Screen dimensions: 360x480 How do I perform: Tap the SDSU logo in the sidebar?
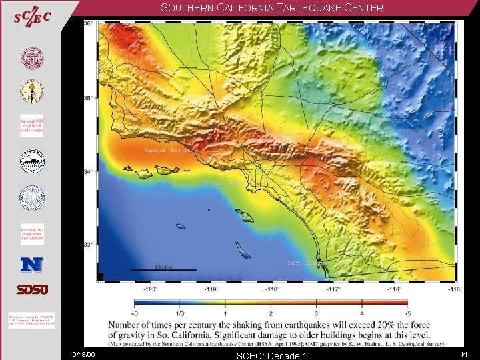[x=32, y=290]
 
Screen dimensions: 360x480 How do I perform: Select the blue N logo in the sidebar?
[x=31, y=264]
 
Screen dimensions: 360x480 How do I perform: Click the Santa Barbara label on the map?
[x=171, y=150]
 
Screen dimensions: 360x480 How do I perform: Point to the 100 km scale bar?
[x=163, y=269]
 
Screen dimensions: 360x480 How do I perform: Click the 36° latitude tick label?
[x=88, y=24]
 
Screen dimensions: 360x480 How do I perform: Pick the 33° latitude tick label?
[x=88, y=245]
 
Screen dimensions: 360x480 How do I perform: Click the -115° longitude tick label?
[x=453, y=289]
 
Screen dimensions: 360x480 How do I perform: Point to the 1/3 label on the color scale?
[x=180, y=313]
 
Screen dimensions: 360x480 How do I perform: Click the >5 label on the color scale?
[x=407, y=313]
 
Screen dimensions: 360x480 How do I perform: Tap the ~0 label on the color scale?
[x=135, y=313]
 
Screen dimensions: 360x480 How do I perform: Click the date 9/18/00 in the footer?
[x=85, y=354]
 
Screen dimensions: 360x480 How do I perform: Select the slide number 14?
[x=463, y=354]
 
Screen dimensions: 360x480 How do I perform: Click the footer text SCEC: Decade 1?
[x=271, y=355]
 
